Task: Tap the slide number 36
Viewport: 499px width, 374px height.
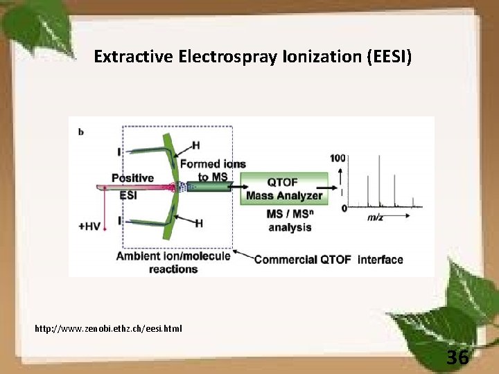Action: tap(457, 357)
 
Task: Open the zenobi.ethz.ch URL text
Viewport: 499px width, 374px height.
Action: tap(108, 328)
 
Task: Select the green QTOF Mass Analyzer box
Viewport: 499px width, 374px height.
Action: tap(284, 188)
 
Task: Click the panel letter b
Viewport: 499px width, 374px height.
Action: tap(81, 132)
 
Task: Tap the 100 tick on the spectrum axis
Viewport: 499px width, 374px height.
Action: tap(338, 158)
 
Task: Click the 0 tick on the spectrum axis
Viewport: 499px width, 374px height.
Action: tap(344, 208)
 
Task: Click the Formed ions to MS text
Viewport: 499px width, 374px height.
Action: tap(212, 170)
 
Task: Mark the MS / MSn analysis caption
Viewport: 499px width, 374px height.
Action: tap(290, 220)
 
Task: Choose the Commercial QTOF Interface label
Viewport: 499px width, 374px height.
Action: tap(329, 260)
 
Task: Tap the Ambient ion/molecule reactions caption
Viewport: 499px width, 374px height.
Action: tap(173, 262)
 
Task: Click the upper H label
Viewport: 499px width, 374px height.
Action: tap(196, 145)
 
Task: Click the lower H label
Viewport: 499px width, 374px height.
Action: tap(199, 223)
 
